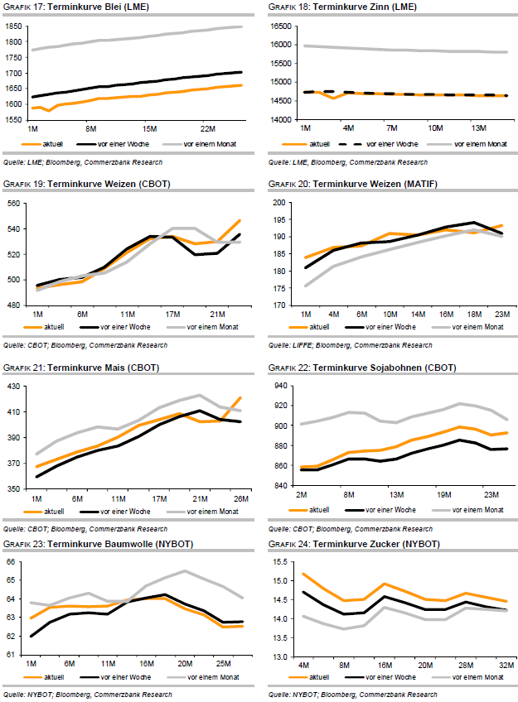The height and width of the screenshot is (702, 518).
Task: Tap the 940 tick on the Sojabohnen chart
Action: (282, 387)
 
